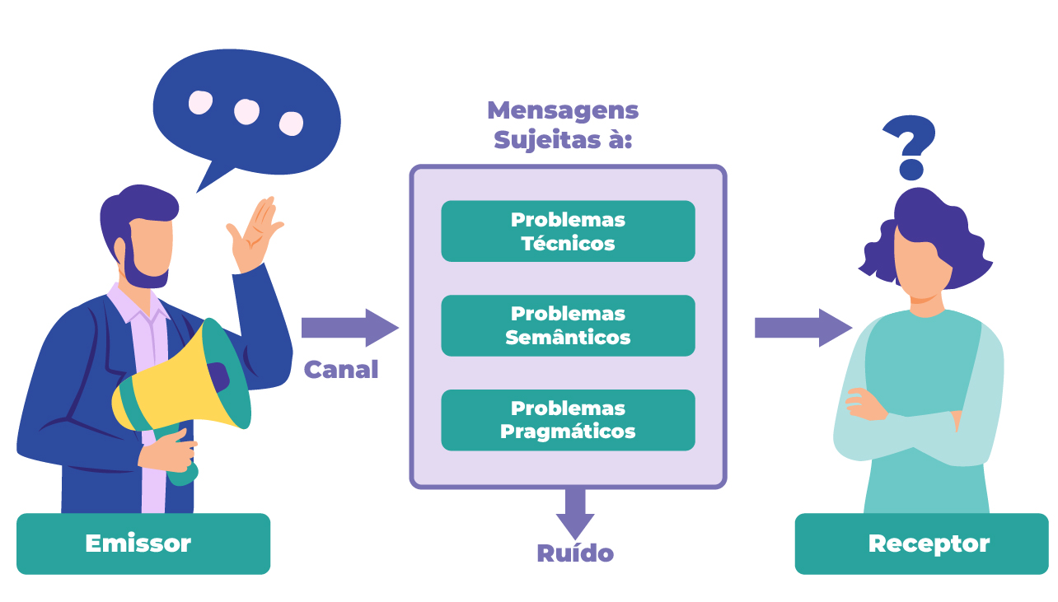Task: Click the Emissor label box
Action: coord(143,544)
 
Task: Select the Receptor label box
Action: coord(921,544)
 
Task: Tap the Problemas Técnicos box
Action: coord(568,231)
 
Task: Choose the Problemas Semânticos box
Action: coord(568,325)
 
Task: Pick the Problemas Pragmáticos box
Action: coord(568,420)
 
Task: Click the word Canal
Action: coord(341,370)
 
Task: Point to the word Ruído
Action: coord(575,553)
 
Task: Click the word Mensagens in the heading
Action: coord(563,110)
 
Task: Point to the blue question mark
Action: coord(910,146)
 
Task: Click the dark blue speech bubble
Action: coord(247,111)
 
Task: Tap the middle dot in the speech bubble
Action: coord(246,111)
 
